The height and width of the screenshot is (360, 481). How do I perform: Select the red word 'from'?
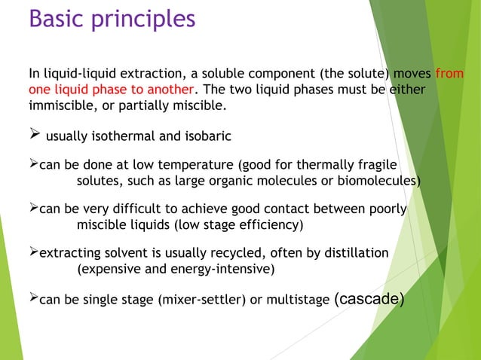(x=449, y=74)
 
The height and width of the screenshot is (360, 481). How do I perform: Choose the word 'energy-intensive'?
(x=225, y=268)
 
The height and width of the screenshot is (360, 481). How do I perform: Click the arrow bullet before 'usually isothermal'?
(x=34, y=136)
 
